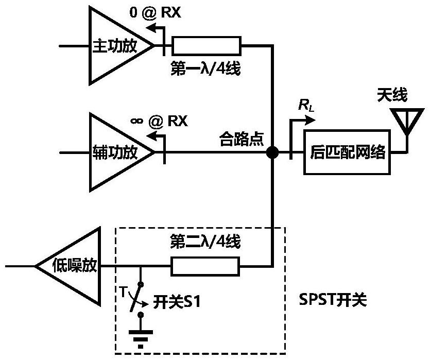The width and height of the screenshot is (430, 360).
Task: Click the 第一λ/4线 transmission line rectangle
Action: click(206, 46)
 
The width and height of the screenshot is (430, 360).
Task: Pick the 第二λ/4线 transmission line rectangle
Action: click(205, 266)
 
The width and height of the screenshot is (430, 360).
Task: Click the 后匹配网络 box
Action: click(347, 152)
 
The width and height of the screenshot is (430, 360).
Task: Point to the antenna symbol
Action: click(407, 122)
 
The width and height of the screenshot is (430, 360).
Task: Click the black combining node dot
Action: click(272, 152)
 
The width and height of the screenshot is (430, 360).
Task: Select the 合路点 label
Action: click(242, 139)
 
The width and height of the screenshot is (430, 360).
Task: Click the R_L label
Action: click(306, 105)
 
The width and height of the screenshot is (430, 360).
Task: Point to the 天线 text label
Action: click(392, 95)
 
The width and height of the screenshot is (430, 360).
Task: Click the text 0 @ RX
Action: click(155, 12)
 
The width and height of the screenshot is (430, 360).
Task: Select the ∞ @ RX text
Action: click(159, 121)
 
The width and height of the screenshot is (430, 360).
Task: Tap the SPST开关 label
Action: click(333, 300)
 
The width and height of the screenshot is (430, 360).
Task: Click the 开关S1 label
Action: click(177, 302)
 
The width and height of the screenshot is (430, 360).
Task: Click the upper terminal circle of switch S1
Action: click(141, 284)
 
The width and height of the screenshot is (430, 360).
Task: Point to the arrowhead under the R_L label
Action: click(311, 120)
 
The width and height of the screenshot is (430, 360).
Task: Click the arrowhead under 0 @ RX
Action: click(150, 27)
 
